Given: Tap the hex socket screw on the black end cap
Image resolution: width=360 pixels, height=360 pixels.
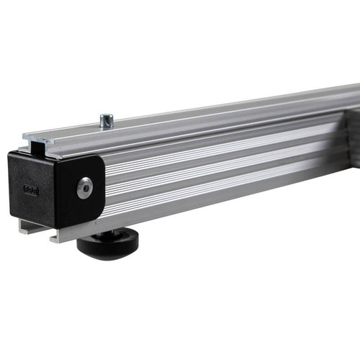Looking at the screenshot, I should point(86,187).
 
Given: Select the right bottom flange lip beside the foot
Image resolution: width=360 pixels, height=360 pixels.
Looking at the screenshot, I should point(65,234).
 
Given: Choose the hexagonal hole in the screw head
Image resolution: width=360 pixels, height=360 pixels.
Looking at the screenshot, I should point(86,187).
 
